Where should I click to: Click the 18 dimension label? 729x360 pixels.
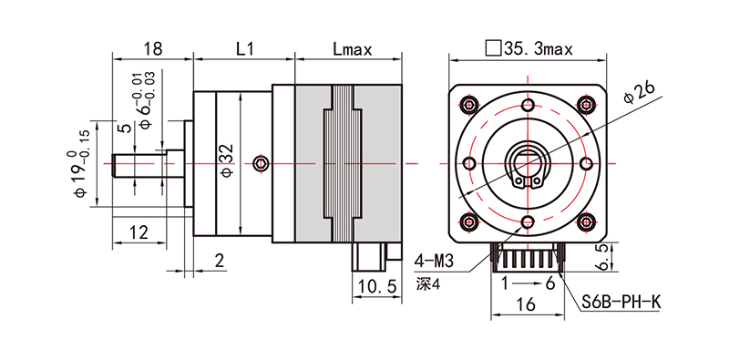point(153,49)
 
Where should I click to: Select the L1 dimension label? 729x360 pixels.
point(244,49)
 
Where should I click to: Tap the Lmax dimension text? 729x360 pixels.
point(353,49)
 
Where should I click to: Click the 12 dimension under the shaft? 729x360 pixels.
point(139,231)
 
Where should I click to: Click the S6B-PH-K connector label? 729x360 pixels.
point(621,303)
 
